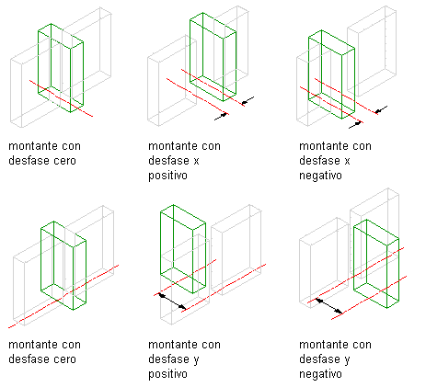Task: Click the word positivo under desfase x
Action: [167, 176]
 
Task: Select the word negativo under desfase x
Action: [320, 176]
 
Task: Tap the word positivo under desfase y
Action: [167, 374]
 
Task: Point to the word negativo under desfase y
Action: [320, 374]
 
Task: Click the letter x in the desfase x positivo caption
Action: [196, 161]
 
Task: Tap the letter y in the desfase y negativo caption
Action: [347, 360]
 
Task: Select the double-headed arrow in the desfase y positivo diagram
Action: [172, 302]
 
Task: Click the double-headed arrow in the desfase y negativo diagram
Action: [329, 306]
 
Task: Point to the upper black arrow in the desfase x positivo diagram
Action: [248, 100]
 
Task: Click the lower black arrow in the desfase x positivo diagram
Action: [221, 117]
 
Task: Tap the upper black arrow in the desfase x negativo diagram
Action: [381, 109]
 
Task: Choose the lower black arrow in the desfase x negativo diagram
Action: [355, 125]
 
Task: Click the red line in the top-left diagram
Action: [61, 98]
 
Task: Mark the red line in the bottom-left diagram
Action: [63, 296]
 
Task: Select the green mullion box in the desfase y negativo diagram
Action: [376, 264]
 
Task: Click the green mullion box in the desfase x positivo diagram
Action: [213, 57]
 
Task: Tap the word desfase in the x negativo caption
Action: [321, 161]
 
